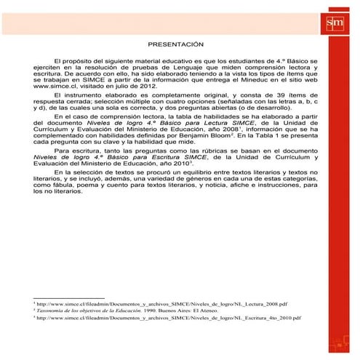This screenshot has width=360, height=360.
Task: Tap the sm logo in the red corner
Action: click(335, 23)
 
